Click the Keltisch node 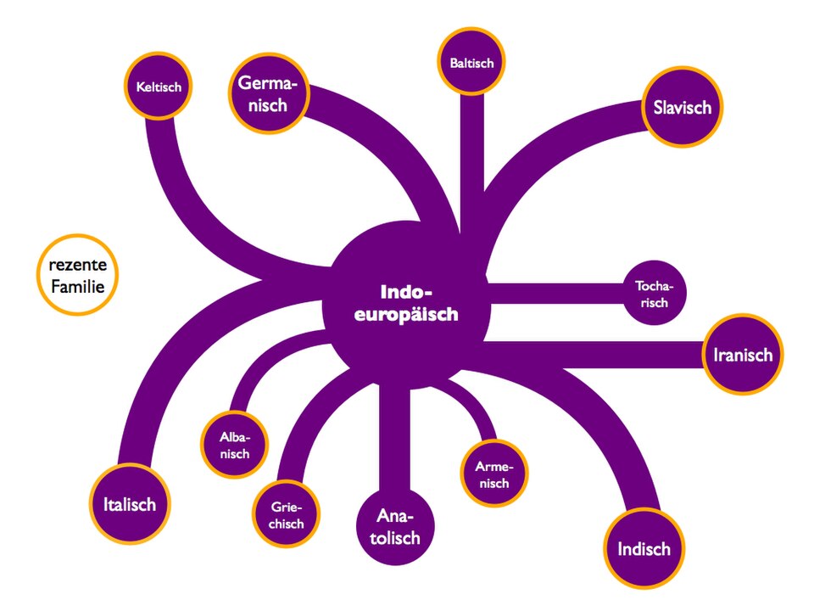pos(159,87)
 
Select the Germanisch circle pos(269,93)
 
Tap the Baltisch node pos(471,62)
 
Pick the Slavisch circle pos(682,107)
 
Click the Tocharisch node pos(654,294)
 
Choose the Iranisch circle pos(743,355)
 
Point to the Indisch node pos(644,549)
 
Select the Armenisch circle pos(494,474)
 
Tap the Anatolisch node pos(395,526)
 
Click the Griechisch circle pos(286,514)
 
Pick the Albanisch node pos(235,445)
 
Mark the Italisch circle pos(130,504)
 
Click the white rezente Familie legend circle pos(78,275)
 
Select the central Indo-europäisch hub pos(405,304)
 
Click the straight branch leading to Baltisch pos(472,161)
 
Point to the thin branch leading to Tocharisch pos(555,293)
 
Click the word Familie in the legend pos(78,286)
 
